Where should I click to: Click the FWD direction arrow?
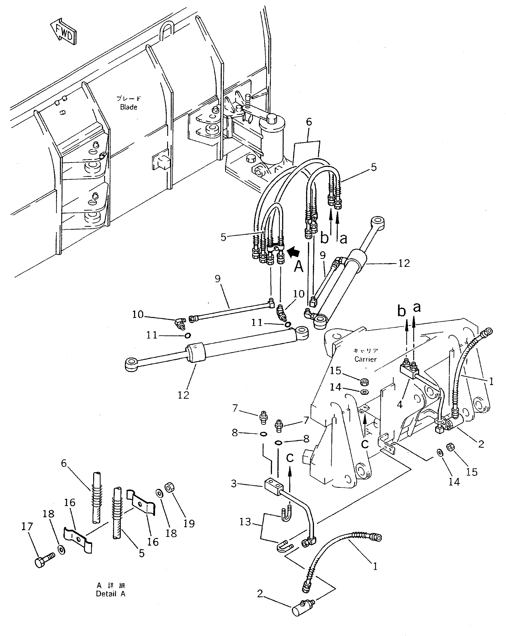63,32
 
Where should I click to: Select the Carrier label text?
365,359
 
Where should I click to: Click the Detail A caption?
110,594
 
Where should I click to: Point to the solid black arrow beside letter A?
293,252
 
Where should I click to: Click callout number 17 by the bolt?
27,527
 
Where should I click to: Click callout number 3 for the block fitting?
234,484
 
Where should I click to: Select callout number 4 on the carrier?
400,404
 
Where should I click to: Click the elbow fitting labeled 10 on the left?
179,323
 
